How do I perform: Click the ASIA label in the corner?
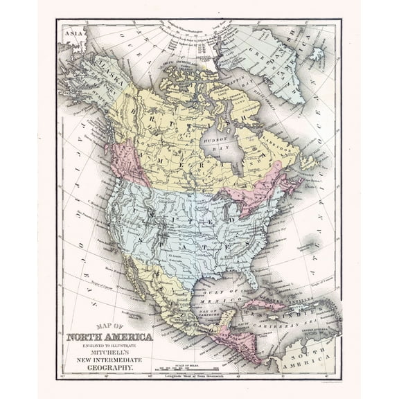coord(69,32)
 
